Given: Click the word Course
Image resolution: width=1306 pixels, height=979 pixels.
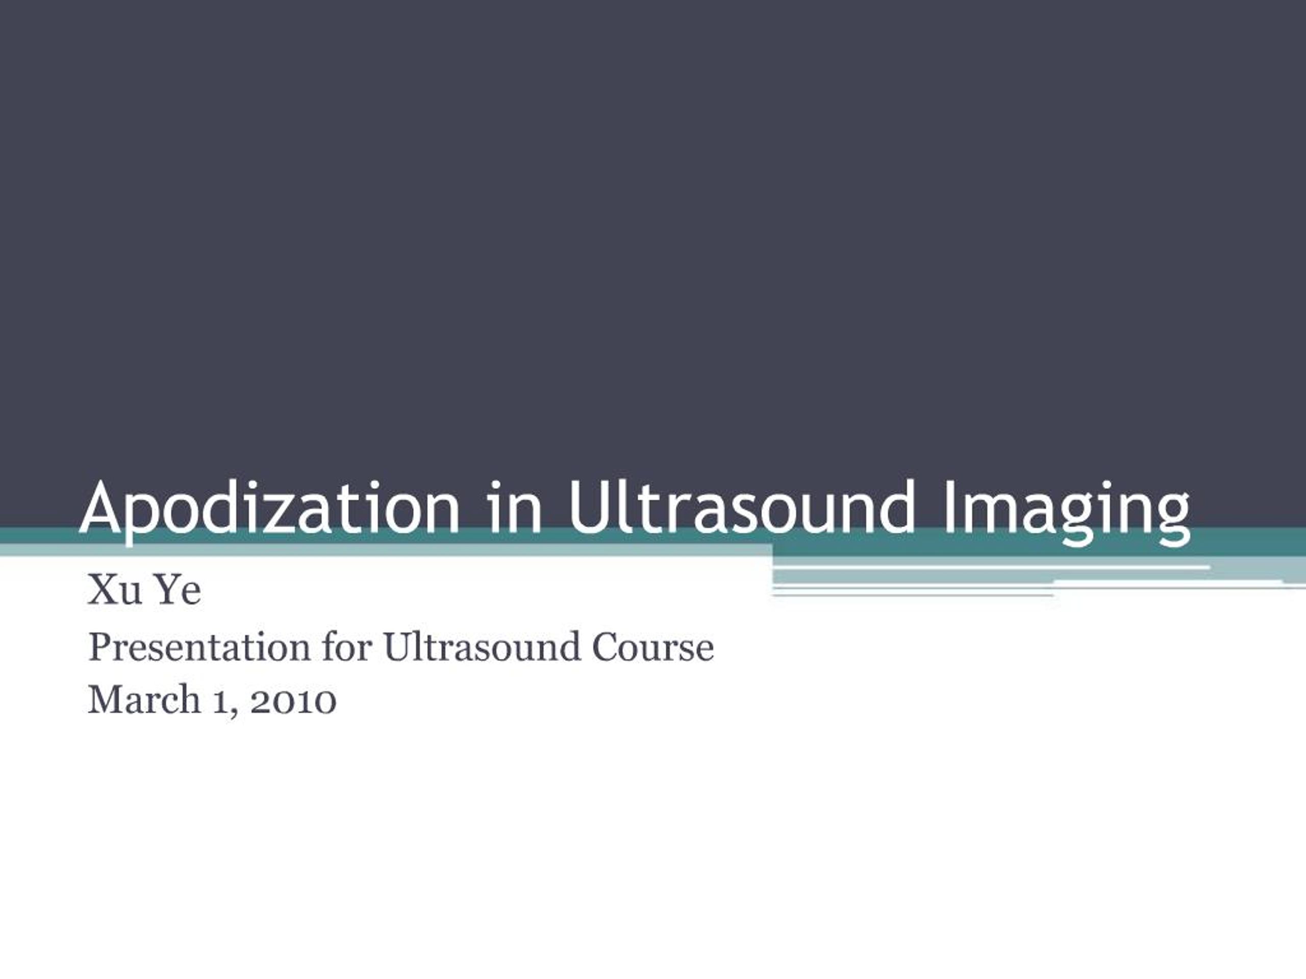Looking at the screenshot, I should [x=653, y=648].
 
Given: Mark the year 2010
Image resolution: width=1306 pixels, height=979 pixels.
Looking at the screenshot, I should [x=293, y=701].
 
